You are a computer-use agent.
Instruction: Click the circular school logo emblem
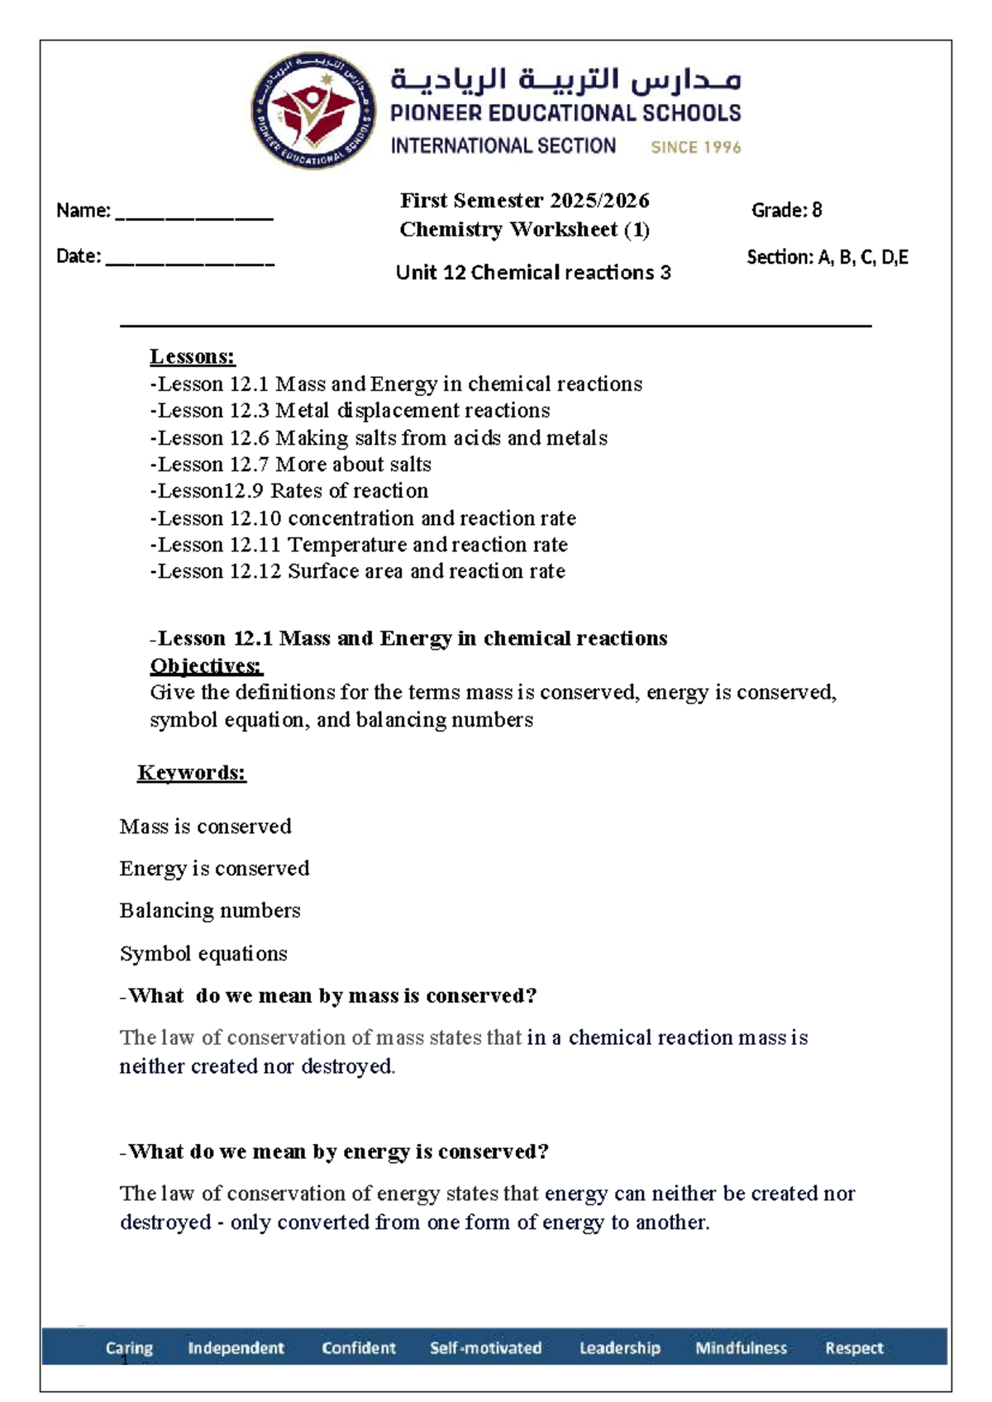pos(313,112)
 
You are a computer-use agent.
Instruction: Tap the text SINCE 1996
pos(695,147)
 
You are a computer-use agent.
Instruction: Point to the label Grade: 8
pos(786,210)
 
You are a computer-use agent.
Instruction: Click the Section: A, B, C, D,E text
pos(827,257)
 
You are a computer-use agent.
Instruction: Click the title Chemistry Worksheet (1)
pos(524,229)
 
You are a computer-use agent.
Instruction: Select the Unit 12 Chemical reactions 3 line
pos(532,272)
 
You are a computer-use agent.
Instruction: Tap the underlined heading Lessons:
pos(192,356)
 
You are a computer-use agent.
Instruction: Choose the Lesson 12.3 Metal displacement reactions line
pos(350,410)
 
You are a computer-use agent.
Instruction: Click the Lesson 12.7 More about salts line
pos(290,464)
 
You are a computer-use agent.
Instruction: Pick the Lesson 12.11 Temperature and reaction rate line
pos(359,544)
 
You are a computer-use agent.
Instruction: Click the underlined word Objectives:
pos(206,665)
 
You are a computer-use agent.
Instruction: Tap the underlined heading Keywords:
pos(192,772)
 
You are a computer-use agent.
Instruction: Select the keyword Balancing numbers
pos(210,910)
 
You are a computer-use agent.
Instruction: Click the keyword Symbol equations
pos(203,953)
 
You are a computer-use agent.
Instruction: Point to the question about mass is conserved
pos(329,995)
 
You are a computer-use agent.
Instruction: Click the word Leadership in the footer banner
pos(619,1347)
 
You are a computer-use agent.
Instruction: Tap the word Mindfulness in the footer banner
pos(741,1347)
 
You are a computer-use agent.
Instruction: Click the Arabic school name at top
pos(565,80)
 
